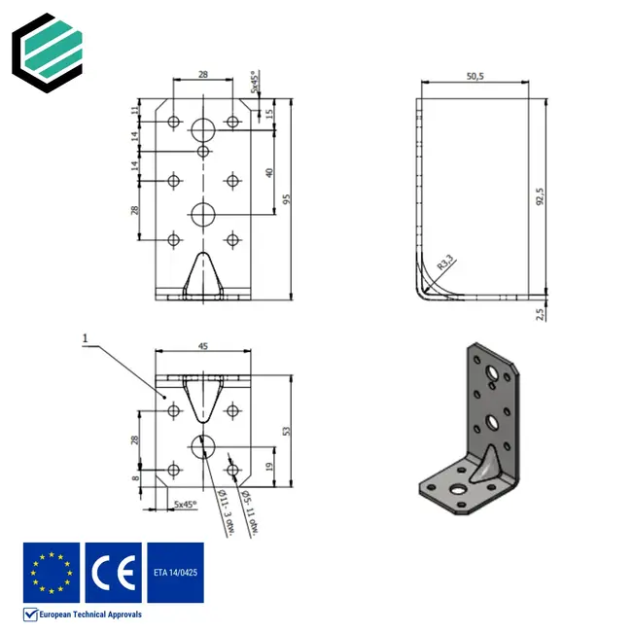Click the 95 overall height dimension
click(287, 199)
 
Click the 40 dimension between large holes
click(268, 173)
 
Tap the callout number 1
click(86, 339)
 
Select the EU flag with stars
click(52, 573)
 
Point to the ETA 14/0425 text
click(175, 573)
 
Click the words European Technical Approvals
click(90, 614)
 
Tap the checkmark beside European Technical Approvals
click(30, 614)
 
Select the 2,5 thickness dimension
click(541, 313)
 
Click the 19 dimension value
click(268, 467)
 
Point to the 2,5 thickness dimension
click(541, 313)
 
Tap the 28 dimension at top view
click(202, 74)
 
